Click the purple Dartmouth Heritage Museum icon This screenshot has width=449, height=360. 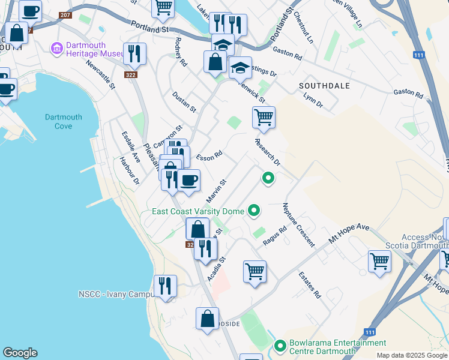(58, 48)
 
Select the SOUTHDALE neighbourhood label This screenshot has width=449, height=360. (324, 86)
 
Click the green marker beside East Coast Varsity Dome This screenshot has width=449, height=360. (254, 211)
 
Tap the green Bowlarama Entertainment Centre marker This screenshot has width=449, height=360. (280, 346)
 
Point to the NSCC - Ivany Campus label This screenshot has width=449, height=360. (113, 295)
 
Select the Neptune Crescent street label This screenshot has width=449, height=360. (298, 225)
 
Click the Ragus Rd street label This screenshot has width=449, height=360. (275, 236)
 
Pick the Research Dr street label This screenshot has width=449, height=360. (268, 153)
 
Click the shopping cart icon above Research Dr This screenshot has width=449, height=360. (264, 118)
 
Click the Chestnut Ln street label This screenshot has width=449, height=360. (304, 29)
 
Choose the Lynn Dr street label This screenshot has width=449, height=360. (313, 100)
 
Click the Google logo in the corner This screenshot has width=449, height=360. (20, 353)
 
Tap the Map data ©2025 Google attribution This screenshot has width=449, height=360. (411, 355)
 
